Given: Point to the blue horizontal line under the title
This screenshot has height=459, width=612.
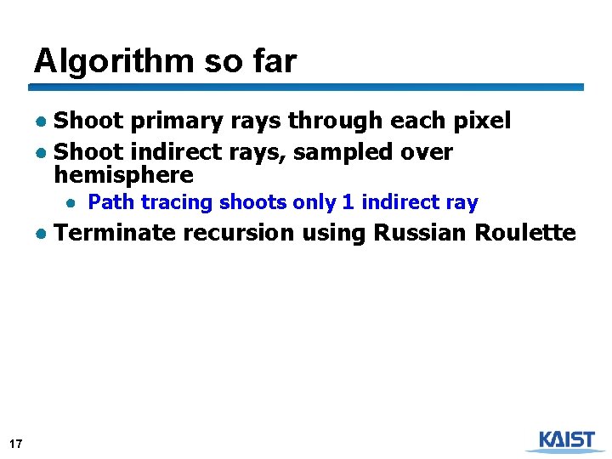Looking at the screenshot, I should [306, 87].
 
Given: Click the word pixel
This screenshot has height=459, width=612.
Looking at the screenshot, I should [481, 122].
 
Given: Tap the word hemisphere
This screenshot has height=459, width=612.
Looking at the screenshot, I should [124, 176].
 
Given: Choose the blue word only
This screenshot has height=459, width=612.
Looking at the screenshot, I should [314, 202].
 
